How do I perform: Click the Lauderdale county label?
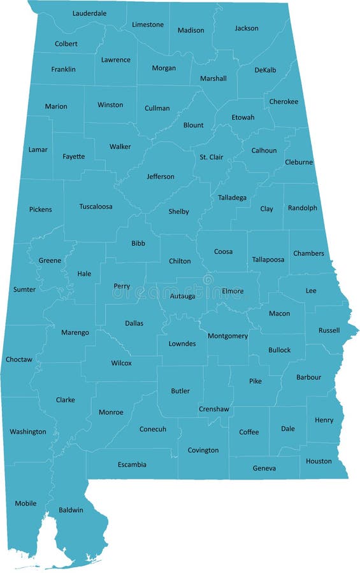89,13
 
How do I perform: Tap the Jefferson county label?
161,176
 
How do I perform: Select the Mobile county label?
25,504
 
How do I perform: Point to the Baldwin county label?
71,510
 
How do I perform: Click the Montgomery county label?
227,336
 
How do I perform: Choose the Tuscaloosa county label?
96,206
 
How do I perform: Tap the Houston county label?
319,461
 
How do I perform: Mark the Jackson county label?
247,28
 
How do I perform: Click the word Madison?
191,30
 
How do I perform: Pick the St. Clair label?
212,157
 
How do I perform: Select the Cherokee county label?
284,101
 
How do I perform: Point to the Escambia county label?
132,464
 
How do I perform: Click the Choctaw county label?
19,360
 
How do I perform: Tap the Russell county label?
329,330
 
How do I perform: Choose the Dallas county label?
134,323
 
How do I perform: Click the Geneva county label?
264,469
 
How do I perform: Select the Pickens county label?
41,209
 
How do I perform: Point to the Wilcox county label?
121,363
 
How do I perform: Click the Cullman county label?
157,108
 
